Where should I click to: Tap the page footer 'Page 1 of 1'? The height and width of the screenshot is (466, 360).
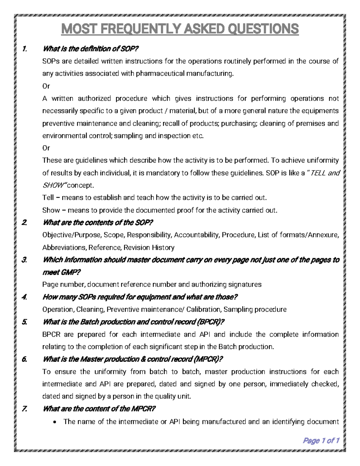pos(321,440)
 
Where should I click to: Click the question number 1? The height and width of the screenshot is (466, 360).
pos(24,49)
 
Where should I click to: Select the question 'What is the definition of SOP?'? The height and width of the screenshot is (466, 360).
pos(91,49)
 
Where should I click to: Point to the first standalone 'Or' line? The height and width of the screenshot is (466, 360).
pos(46,86)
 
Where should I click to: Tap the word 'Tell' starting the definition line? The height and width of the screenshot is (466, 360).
pos(48,198)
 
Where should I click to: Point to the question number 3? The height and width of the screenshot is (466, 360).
pos(24,260)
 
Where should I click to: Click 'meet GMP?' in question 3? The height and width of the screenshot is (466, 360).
pos(61,272)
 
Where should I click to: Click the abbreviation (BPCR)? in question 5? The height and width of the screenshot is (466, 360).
pos(210,322)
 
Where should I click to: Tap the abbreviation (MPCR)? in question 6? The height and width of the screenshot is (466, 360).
pos(208,359)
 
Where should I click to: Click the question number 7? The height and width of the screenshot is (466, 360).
pos(24,409)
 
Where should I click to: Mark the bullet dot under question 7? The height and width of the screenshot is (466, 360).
pos(54,422)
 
